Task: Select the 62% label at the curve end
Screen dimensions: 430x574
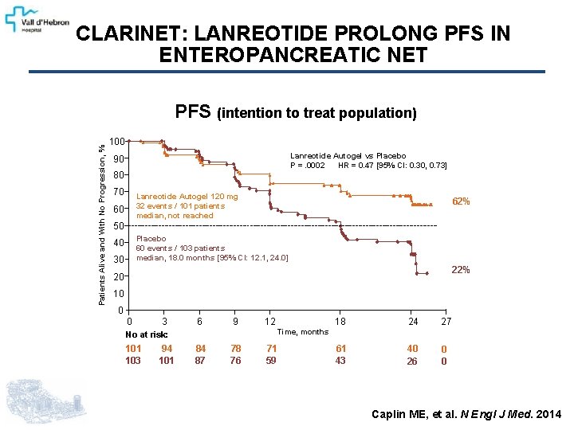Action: click(x=461, y=201)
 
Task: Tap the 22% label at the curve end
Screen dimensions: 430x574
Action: click(x=461, y=270)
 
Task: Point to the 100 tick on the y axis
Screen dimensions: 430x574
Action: click(x=116, y=141)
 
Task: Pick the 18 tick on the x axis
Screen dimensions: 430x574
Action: click(x=340, y=322)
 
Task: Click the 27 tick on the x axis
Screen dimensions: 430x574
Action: click(x=446, y=322)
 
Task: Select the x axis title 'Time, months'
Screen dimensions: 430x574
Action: click(x=302, y=332)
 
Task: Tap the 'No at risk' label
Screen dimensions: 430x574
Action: click(x=147, y=334)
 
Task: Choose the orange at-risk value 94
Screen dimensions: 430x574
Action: click(x=166, y=349)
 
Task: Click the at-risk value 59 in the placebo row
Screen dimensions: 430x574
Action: click(x=271, y=361)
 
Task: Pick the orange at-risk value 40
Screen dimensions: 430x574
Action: click(x=412, y=349)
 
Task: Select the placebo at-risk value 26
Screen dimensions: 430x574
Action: click(x=412, y=361)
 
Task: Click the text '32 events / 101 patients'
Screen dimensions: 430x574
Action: click(x=180, y=205)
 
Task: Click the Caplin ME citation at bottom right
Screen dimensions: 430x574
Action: click(x=466, y=413)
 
